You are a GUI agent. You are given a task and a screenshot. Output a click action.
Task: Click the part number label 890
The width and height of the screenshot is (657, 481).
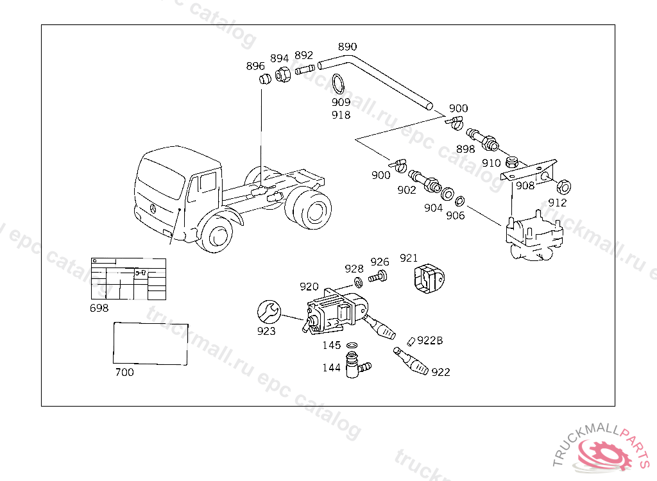[x=347, y=47]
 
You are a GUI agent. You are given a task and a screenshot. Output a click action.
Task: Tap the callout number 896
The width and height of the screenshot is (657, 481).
[x=255, y=66]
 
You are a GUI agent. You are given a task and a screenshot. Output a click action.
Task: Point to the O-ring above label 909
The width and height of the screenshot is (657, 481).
[x=339, y=84]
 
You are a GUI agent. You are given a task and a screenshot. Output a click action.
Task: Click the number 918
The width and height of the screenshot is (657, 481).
[x=341, y=115]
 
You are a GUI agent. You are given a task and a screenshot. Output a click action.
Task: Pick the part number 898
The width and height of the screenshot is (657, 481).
[x=465, y=149]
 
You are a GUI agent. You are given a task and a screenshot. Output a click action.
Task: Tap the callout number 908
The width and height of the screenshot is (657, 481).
[x=525, y=186]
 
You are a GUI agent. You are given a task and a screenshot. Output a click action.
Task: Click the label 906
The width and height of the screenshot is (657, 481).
[x=455, y=215]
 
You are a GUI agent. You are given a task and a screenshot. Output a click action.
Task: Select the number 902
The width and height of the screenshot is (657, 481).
[x=406, y=190]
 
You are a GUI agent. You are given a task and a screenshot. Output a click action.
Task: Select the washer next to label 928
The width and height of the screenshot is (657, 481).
[x=358, y=282]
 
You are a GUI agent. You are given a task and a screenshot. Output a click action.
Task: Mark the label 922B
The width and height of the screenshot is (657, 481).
[x=430, y=341]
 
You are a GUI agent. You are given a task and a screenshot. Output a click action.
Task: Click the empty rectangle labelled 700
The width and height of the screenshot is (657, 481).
[x=151, y=344]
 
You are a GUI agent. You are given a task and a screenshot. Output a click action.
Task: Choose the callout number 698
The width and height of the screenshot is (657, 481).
[x=99, y=308]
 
